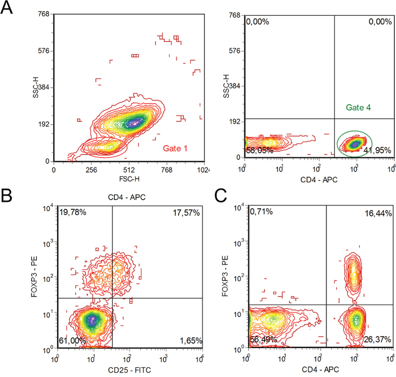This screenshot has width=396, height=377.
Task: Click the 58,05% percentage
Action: point(260,150)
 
